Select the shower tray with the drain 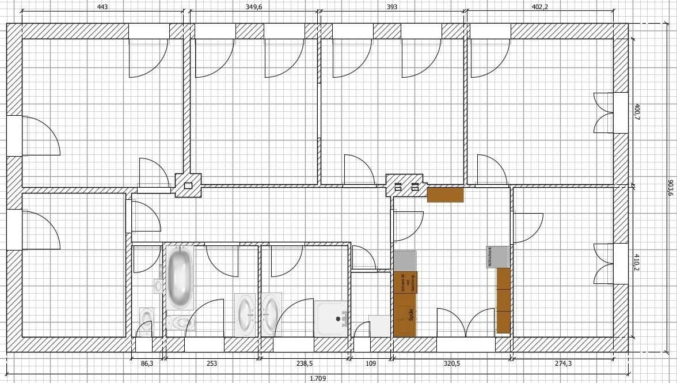(332, 318)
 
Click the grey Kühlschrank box (498, 256)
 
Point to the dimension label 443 (102, 7)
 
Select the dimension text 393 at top (391, 7)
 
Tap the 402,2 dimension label (540, 7)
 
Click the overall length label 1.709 (317, 378)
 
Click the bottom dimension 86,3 (147, 364)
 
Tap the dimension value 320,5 (451, 364)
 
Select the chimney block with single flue (188, 185)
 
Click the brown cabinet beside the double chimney (445, 195)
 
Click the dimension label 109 (371, 364)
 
